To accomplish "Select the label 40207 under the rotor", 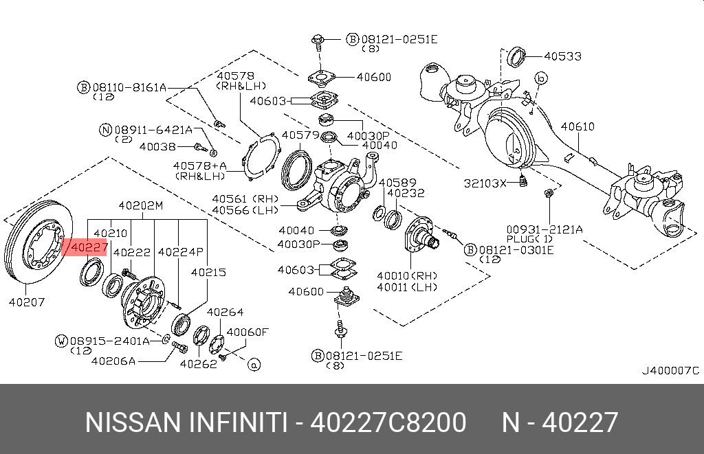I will [28, 302].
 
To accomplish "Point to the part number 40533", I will [562, 55].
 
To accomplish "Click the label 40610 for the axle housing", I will [577, 127].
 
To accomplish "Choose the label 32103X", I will [484, 183].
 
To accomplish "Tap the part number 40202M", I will [140, 205].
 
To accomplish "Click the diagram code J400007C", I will [670, 371].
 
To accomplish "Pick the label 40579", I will [300, 135].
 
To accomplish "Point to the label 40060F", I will [247, 332].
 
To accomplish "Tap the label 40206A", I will [113, 359].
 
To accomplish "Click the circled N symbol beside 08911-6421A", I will [105, 129].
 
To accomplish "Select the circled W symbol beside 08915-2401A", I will [62, 340].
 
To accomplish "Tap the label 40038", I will [157, 146].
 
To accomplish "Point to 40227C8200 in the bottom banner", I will [388, 422].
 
